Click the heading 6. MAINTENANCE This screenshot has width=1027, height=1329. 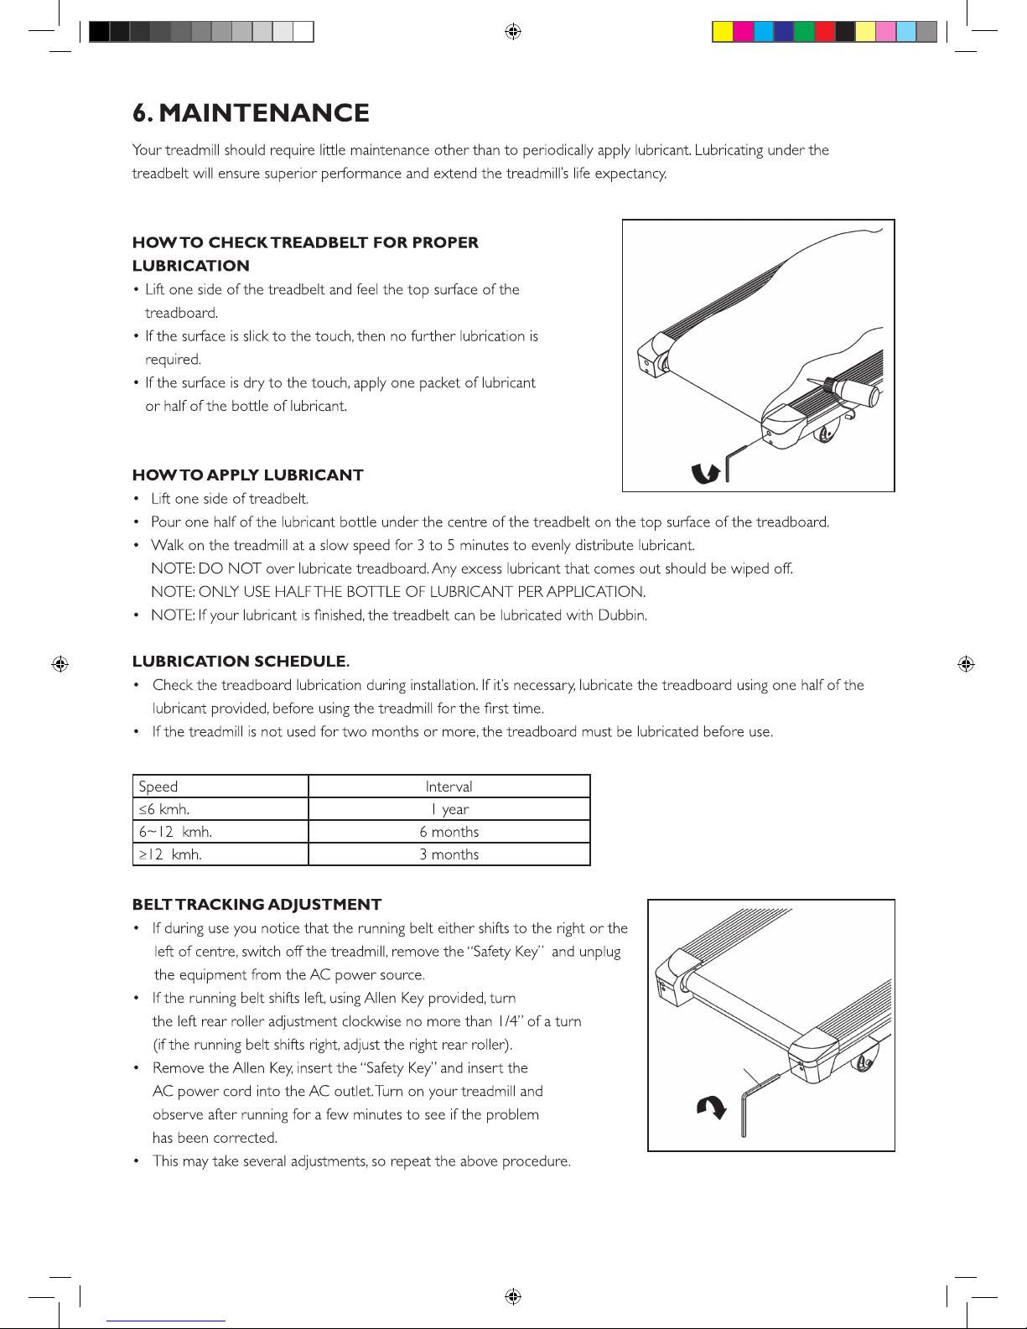[x=251, y=113]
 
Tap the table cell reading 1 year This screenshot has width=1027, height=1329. [x=449, y=809]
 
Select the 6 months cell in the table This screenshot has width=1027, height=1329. [x=449, y=832]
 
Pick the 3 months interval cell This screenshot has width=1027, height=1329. [x=449, y=854]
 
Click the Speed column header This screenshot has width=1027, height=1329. [x=158, y=786]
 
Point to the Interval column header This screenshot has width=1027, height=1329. [x=449, y=786]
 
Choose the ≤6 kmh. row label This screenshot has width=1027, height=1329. [x=164, y=809]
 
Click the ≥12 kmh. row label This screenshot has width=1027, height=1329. [x=170, y=854]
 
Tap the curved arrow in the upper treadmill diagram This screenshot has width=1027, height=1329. [x=706, y=473]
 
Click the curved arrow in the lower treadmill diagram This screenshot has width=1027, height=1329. [x=712, y=1108]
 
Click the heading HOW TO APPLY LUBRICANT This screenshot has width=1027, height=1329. [x=247, y=475]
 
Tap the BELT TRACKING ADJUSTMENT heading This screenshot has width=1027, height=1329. [x=257, y=905]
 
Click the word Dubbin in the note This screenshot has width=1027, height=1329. [x=621, y=615]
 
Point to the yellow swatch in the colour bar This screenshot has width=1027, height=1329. [x=723, y=32]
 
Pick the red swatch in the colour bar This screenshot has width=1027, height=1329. [x=825, y=32]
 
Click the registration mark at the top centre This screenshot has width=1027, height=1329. [x=514, y=32]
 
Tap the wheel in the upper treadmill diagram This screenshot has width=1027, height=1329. [x=827, y=433]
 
